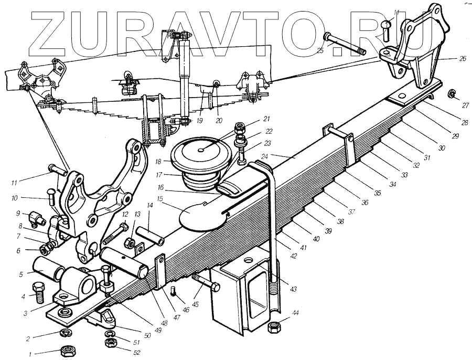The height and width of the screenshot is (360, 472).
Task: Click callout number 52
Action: coord(137,353)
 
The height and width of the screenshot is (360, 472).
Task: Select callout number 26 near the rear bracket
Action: coord(462,59)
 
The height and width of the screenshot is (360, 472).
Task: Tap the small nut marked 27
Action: coord(450,94)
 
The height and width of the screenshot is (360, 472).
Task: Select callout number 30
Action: coord(442,149)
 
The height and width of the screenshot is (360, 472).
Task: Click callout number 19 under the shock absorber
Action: coord(199,120)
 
